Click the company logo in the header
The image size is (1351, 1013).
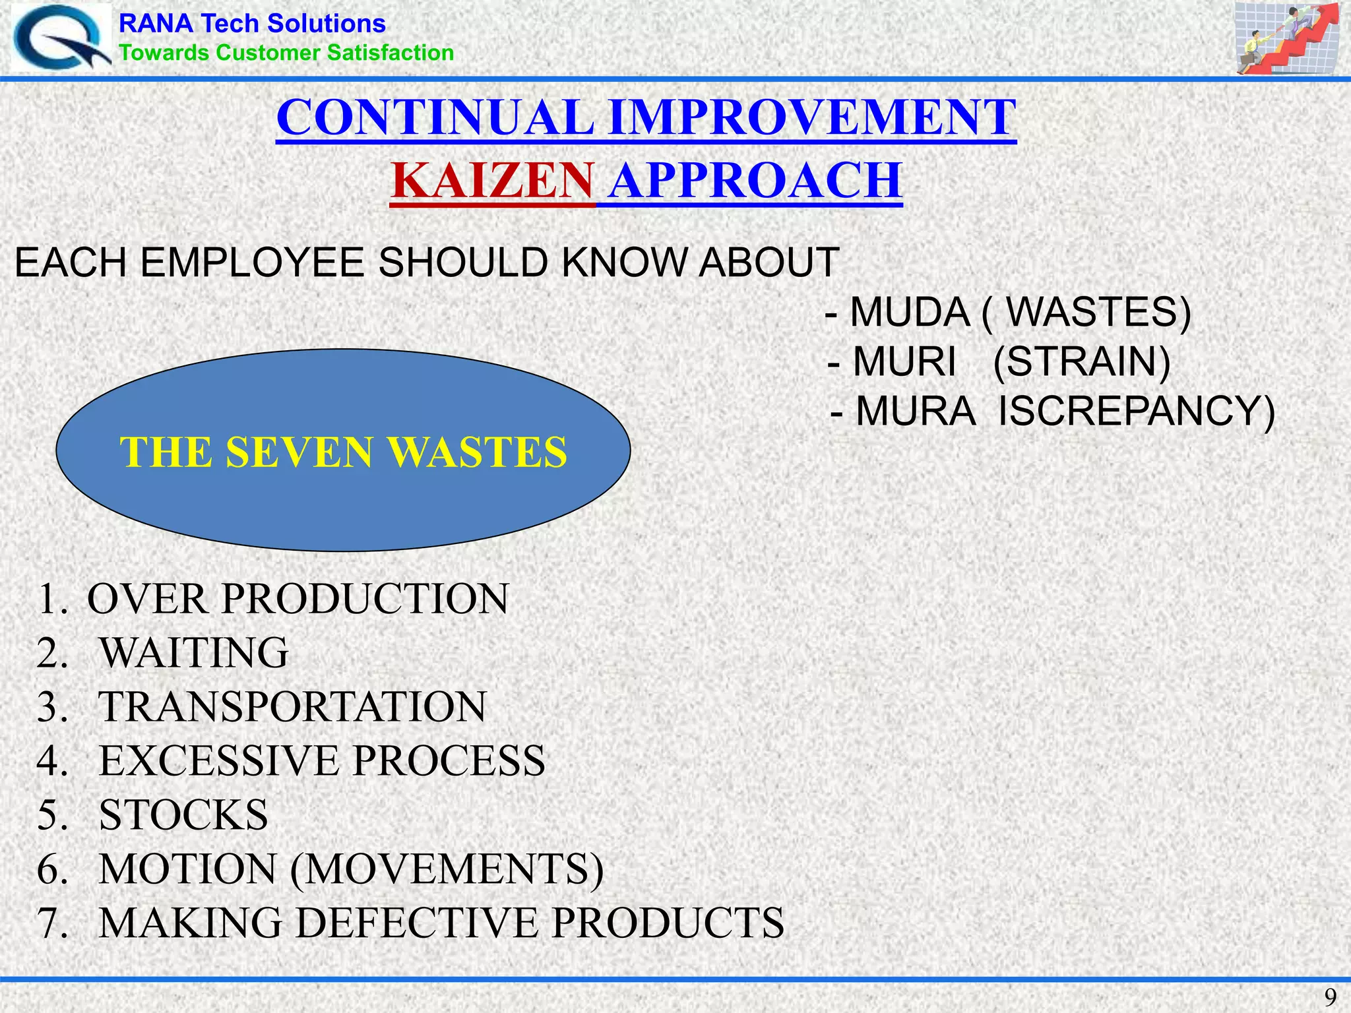coord(61,38)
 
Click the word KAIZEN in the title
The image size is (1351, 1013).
coord(492,181)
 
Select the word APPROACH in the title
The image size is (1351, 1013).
coord(755,181)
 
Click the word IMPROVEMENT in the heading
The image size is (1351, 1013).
coord(812,117)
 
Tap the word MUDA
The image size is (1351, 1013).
coord(910,312)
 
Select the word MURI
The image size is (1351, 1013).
coord(904,361)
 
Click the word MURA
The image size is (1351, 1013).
coord(915,411)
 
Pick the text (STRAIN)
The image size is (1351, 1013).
coord(1082,361)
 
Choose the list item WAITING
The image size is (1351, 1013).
coord(194,653)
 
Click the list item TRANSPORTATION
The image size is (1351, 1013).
coord(292,707)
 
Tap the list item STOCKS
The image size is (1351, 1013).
coord(183,815)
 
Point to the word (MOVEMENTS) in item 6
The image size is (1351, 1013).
coord(447,869)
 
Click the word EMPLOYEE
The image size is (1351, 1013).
coord(253,262)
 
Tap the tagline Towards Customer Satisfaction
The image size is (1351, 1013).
coord(286,53)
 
